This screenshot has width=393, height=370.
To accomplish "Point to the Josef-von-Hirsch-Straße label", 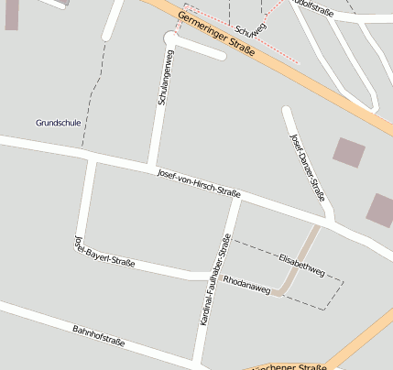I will pos(199,182).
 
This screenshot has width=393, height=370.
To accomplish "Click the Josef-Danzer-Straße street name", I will pos(307,167).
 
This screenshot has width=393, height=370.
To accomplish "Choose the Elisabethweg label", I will pos(302,266).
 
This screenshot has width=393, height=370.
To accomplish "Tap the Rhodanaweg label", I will pos(246,284).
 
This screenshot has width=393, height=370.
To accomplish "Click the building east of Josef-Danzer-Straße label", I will pos(348,152).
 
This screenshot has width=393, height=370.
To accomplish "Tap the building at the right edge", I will pos(381,210).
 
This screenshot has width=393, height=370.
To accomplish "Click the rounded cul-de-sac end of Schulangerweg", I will pos(170,38).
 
